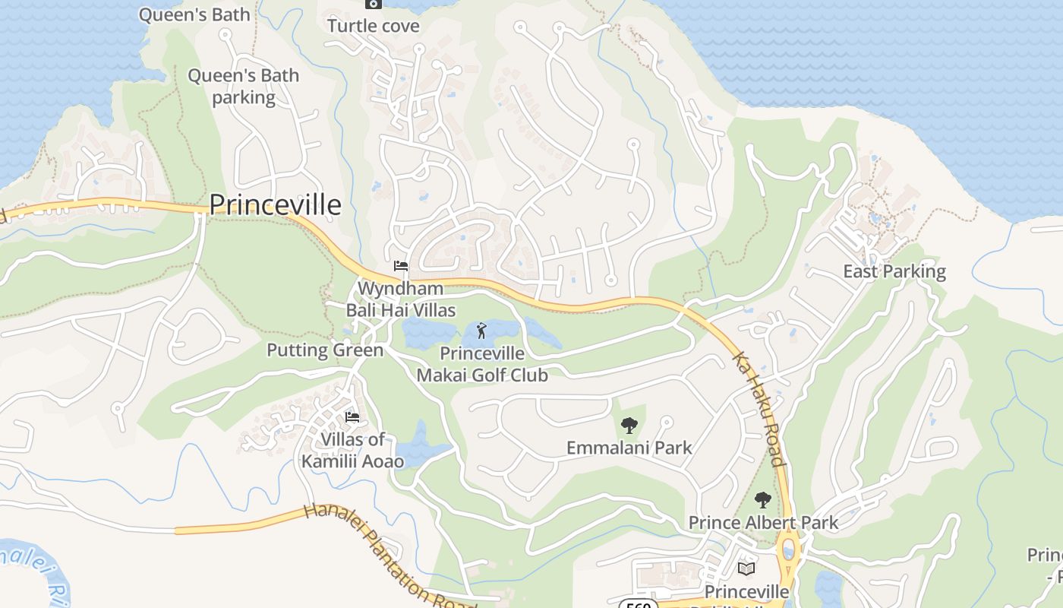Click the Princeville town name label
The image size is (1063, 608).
(275, 204)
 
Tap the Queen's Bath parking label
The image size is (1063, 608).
(244, 87)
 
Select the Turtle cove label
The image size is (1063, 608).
(373, 26)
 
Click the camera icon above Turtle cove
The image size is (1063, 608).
(373, 4)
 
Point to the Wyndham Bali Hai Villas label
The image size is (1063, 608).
(401, 299)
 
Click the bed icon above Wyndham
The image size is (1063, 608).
(401, 266)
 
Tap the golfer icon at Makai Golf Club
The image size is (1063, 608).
(481, 331)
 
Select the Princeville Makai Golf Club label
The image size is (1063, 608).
(482, 364)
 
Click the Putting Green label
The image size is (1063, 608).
(325, 350)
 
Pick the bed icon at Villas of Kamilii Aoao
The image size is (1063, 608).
(352, 416)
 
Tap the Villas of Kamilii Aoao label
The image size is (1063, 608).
(353, 450)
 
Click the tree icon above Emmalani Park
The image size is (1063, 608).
(629, 426)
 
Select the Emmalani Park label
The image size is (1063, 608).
(629, 448)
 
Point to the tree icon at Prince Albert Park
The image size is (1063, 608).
(763, 500)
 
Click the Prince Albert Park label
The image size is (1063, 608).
(763, 523)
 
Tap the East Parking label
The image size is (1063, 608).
(894, 271)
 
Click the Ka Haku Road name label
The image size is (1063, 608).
(757, 408)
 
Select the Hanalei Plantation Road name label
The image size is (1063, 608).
(387, 556)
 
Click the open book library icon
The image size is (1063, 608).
(747, 568)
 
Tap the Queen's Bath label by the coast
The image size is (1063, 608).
(194, 15)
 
